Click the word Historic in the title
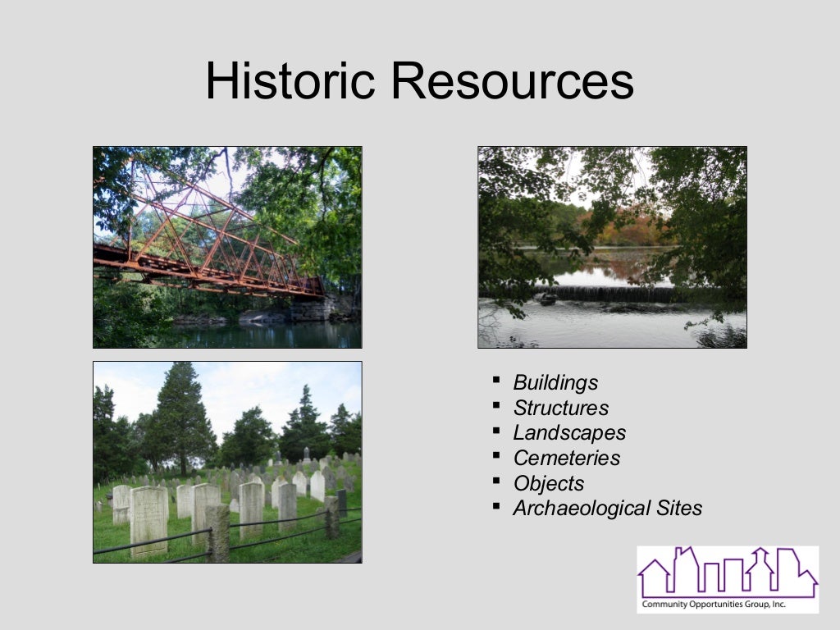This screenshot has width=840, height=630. pyautogui.click(x=290, y=81)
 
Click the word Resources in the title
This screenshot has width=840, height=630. pyautogui.click(x=511, y=81)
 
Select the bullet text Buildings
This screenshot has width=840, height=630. pyautogui.click(x=555, y=382)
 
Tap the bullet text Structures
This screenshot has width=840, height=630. pyautogui.click(x=561, y=408)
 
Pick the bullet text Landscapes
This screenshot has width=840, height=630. pyautogui.click(x=569, y=432)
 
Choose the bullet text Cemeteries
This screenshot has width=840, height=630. pyautogui.click(x=567, y=458)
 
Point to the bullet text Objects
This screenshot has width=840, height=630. pyautogui.click(x=549, y=483)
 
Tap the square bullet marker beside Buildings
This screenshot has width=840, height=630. pyautogui.click(x=496, y=380)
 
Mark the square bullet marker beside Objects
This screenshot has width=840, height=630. pyautogui.click(x=496, y=481)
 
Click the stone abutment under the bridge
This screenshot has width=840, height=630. pyautogui.click(x=313, y=309)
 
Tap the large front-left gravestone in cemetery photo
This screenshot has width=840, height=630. pyautogui.click(x=148, y=520)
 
